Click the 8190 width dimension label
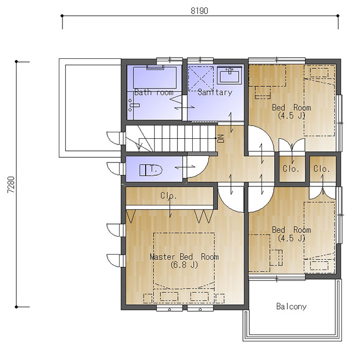tap(199, 11)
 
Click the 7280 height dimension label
tap(11, 184)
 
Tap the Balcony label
tap(291, 307)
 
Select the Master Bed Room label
tap(184, 257)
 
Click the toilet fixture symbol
tap(151, 170)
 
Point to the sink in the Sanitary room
tap(229, 75)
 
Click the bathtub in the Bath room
tap(155, 78)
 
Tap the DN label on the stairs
tap(221, 139)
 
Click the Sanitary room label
tap(215, 92)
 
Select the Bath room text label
tap(154, 92)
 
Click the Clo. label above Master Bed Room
tap(169, 196)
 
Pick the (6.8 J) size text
tap(184, 265)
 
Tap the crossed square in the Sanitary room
tap(201, 78)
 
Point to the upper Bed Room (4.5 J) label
tap(291, 111)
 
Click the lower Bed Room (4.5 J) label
tap(291, 233)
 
